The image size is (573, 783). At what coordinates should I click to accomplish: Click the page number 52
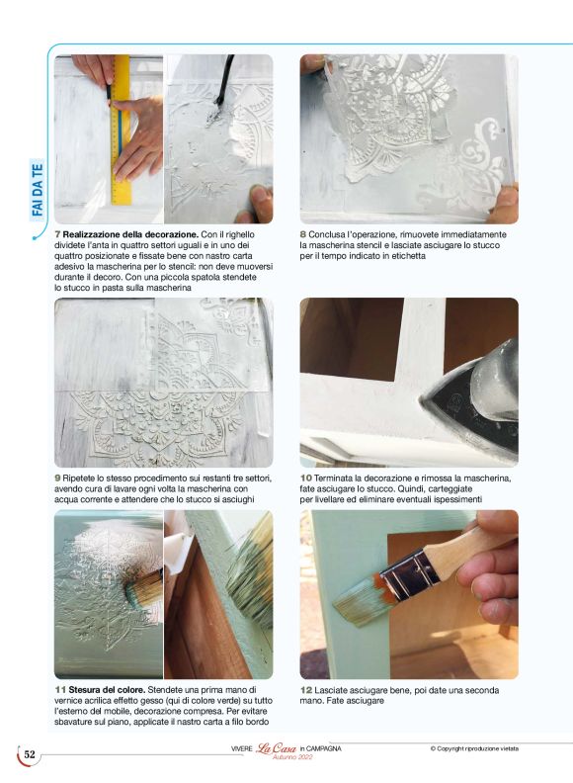pyautogui.click(x=30, y=755)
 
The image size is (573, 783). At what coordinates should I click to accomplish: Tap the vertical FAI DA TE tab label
pyautogui.click(x=38, y=188)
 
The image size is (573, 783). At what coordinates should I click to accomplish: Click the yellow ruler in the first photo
pyautogui.click(x=122, y=129)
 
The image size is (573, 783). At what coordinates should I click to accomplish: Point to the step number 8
pyautogui.click(x=303, y=234)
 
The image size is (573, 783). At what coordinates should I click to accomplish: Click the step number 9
pyautogui.click(x=58, y=478)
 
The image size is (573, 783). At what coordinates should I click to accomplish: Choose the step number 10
pyautogui.click(x=306, y=478)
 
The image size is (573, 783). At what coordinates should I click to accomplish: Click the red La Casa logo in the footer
pyautogui.click(x=277, y=750)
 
